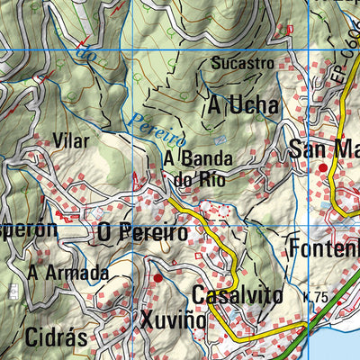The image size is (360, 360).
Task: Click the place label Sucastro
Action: click(x=242, y=64)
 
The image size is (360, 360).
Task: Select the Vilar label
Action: click(x=71, y=142)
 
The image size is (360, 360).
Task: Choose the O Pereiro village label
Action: click(x=143, y=233)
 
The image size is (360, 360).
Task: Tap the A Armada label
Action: click(x=67, y=272)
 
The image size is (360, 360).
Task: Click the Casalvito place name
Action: click(x=237, y=295)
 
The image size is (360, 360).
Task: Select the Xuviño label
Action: click(x=174, y=320)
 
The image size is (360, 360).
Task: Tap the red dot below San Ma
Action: click(x=323, y=168)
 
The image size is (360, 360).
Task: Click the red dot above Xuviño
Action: click(x=158, y=278)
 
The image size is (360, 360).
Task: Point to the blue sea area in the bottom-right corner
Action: click(x=346, y=346)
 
